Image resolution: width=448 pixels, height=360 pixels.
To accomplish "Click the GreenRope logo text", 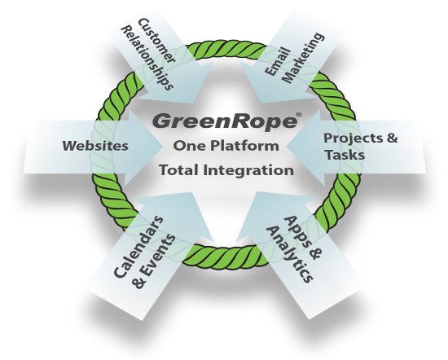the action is click(224, 121).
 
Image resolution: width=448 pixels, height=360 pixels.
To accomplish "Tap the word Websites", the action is click(95, 146).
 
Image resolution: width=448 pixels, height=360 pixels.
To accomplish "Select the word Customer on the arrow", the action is click(156, 41).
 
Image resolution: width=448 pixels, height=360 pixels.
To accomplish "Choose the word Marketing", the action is click(305, 58).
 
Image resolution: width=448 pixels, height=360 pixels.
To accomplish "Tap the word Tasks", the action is click(345, 155).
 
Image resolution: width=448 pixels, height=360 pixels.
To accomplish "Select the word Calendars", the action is click(138, 247).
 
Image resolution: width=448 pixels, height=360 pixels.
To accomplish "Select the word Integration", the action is click(248, 170).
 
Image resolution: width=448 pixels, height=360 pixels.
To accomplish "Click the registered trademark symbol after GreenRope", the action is click(299, 115).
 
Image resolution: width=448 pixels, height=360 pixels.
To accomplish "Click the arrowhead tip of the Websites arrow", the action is click(162, 147).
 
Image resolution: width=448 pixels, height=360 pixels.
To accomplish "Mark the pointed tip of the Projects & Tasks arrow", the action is click(286, 147).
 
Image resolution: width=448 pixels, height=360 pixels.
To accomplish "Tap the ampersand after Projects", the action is click(392, 138).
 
